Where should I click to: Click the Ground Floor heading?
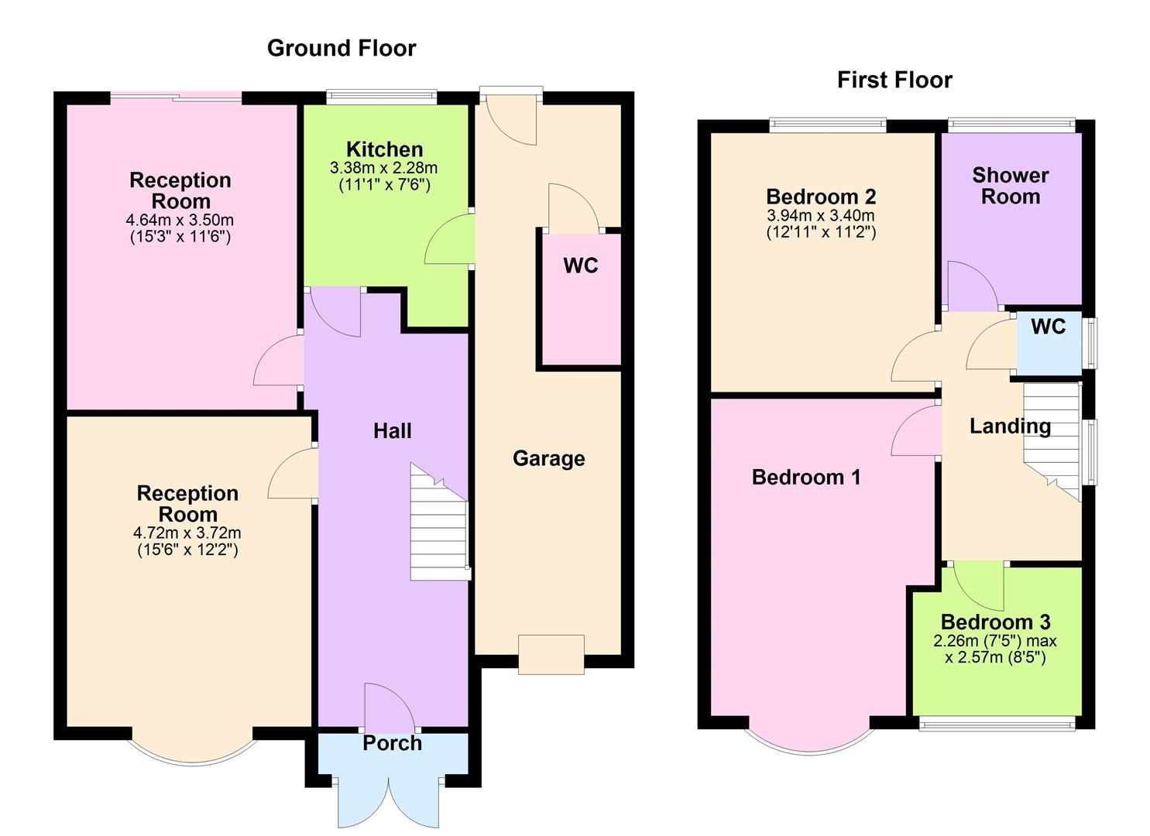pyautogui.click(x=342, y=48)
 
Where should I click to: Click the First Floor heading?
pyautogui.click(x=894, y=80)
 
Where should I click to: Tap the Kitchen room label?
pyautogui.click(x=384, y=149)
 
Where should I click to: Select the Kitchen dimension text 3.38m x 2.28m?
pyautogui.click(x=384, y=168)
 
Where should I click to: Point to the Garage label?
pyautogui.click(x=548, y=458)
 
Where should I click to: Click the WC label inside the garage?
pyautogui.click(x=580, y=266)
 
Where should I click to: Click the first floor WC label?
pyautogui.click(x=1048, y=327)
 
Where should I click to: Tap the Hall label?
pyautogui.click(x=392, y=431)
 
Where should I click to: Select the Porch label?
pyautogui.click(x=392, y=743)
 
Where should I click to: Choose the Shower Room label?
pyautogui.click(x=1010, y=186)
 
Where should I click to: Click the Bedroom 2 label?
pyautogui.click(x=821, y=197)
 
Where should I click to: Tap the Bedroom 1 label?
pyautogui.click(x=805, y=477)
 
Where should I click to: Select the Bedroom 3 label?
pyautogui.click(x=995, y=622)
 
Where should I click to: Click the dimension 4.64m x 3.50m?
pyautogui.click(x=180, y=221)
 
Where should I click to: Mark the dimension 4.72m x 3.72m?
pyautogui.click(x=187, y=533)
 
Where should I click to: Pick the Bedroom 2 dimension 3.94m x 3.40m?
pyautogui.click(x=821, y=215)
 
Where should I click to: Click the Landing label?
pyautogui.click(x=1010, y=426)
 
